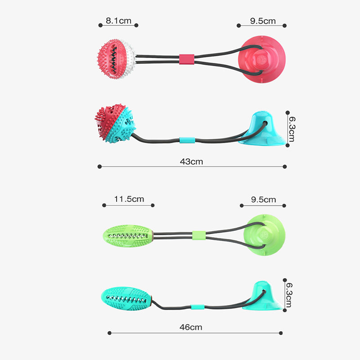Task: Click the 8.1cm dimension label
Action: (118, 21)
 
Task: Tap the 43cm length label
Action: (191, 162)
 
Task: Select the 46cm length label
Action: (191, 327)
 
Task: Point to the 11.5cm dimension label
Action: (129, 199)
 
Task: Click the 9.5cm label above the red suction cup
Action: (263, 21)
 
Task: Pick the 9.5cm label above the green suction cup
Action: (263, 199)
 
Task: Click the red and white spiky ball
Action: (116, 59)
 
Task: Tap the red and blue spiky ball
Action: (115, 123)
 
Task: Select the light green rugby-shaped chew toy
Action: (128, 236)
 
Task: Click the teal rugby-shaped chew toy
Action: (126, 298)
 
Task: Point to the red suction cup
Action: (262, 59)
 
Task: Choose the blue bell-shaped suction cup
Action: (262, 129)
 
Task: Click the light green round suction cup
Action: (264, 234)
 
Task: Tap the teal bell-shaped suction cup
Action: (262, 296)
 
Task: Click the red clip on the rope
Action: (187, 59)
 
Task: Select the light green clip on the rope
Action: (199, 235)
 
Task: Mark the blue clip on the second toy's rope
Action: (187, 140)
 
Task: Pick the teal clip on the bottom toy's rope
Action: (198, 307)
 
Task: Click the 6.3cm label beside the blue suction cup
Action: (292, 129)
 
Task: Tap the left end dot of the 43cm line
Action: (99, 166)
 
